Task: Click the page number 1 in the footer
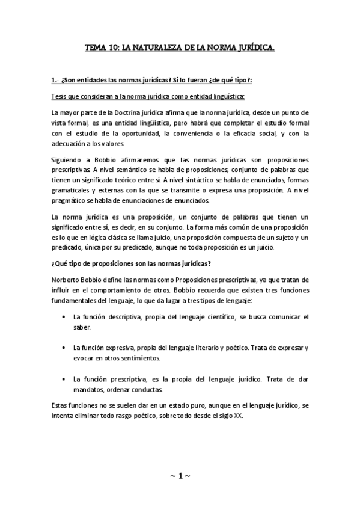[x=179, y=475]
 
